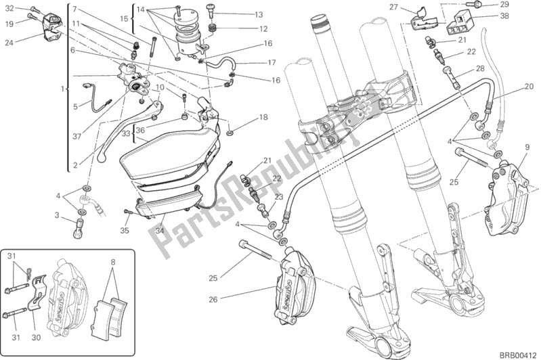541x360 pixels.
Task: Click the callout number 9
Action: [x=526, y=148]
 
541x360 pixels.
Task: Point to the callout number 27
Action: [x=411, y=7]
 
